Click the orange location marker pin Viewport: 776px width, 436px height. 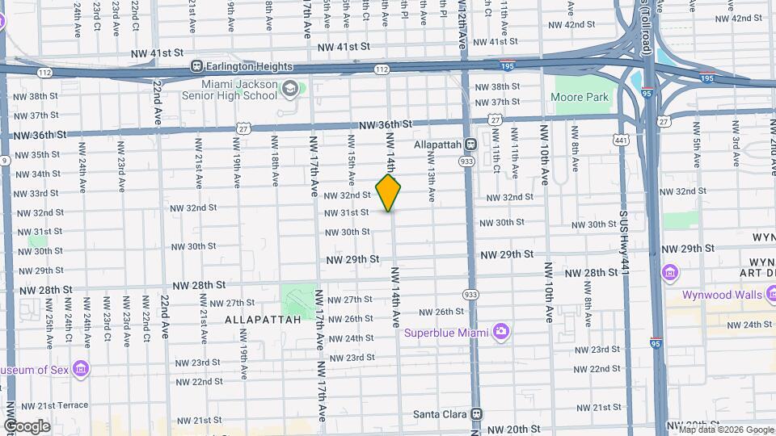(388, 193)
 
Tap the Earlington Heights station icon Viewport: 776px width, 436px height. (196, 65)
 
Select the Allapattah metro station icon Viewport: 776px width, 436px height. (470, 145)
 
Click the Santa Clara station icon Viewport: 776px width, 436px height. (476, 414)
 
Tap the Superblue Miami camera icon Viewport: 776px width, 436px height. (501, 332)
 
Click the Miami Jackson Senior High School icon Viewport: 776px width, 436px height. (289, 87)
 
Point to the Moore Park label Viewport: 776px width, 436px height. (579, 98)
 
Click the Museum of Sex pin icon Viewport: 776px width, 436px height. (80, 369)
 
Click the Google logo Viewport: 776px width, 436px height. (27, 426)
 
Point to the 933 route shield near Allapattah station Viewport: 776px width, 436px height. (466, 161)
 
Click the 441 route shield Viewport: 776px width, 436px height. (621, 140)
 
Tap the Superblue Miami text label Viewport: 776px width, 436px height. (448, 332)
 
